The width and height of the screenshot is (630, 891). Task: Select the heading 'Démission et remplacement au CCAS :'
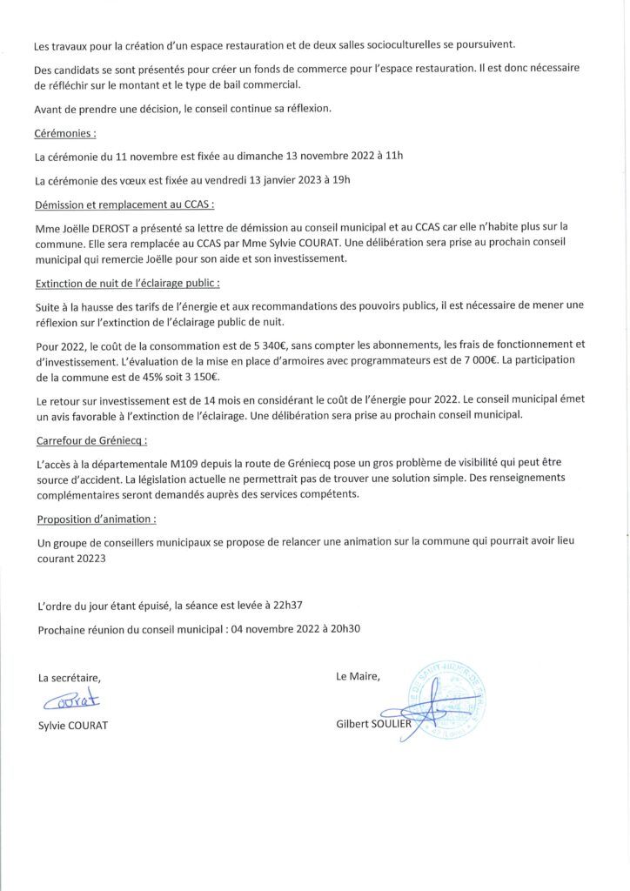coord(124,204)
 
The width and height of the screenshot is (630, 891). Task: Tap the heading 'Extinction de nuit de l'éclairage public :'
coord(127,283)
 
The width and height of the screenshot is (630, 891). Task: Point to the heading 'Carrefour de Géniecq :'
coord(91,440)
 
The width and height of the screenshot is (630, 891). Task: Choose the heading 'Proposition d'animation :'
coord(97,519)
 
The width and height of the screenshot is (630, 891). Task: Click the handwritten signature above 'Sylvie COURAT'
coord(71,700)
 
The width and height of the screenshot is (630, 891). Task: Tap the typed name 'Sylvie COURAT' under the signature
coord(73,725)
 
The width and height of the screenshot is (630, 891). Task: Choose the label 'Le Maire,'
coord(358,676)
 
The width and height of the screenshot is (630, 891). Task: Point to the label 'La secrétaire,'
coord(70,678)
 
